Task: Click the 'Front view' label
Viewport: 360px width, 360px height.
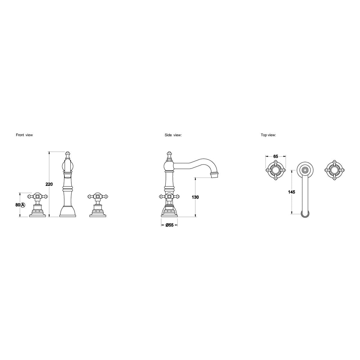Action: pos(24,135)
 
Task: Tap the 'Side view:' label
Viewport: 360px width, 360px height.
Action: pos(173,135)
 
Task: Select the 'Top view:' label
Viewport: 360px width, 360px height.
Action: pos(268,135)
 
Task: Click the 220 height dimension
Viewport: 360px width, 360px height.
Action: pos(49,184)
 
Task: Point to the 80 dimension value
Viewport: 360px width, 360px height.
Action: pos(18,205)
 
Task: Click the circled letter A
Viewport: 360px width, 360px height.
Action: pos(22,205)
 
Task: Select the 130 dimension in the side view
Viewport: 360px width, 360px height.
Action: pos(195,197)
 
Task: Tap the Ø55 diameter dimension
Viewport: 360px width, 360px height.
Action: pos(169,225)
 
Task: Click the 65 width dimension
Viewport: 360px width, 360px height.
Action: pos(276,156)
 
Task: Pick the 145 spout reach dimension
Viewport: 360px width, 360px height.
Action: pos(291,192)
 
